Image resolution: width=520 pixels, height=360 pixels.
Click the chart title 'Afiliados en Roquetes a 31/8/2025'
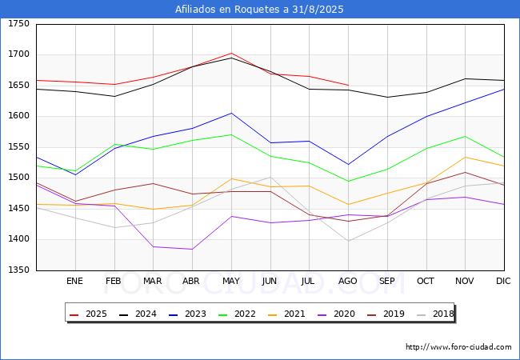(x=259, y=10)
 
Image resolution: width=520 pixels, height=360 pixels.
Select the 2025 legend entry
(x=88, y=314)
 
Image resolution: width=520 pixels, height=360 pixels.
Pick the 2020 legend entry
(x=336, y=314)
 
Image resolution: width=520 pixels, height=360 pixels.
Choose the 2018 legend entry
(x=435, y=314)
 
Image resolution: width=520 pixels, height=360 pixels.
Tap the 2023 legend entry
(x=187, y=314)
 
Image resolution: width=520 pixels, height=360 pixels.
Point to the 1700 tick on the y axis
(x=18, y=54)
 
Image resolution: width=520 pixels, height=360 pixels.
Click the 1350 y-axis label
(x=18, y=270)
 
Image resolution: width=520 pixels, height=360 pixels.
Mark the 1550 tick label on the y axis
(x=18, y=146)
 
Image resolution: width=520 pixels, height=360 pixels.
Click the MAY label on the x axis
(x=231, y=281)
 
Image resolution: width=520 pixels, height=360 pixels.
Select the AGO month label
(x=347, y=281)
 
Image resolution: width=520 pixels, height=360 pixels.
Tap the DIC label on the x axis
(x=503, y=281)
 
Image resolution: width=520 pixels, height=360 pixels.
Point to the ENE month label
(x=74, y=281)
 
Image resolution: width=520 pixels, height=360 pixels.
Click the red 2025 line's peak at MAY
(x=231, y=53)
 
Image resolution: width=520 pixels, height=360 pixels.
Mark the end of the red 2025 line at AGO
(x=348, y=85)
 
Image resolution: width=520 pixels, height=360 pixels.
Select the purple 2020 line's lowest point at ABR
(x=192, y=250)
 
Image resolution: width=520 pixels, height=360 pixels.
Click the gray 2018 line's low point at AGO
(x=348, y=241)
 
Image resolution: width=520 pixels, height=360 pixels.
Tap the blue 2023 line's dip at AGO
(x=348, y=165)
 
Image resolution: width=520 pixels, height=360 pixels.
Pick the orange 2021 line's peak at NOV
(x=466, y=157)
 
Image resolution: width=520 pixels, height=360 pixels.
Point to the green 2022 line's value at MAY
(x=231, y=134)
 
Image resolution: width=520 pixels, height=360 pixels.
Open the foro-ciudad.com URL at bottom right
(x=458, y=347)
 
